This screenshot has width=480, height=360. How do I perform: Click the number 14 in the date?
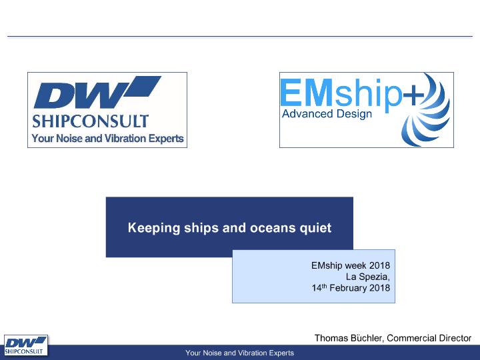(317, 288)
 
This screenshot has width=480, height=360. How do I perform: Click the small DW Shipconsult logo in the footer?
(26, 345)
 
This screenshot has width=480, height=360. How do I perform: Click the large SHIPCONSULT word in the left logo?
(91, 121)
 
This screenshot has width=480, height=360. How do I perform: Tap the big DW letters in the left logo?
(81, 95)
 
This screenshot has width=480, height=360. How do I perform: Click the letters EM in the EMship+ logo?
(307, 92)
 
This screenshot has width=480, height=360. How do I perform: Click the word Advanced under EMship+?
(307, 113)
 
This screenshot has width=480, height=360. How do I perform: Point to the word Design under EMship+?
(354, 114)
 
